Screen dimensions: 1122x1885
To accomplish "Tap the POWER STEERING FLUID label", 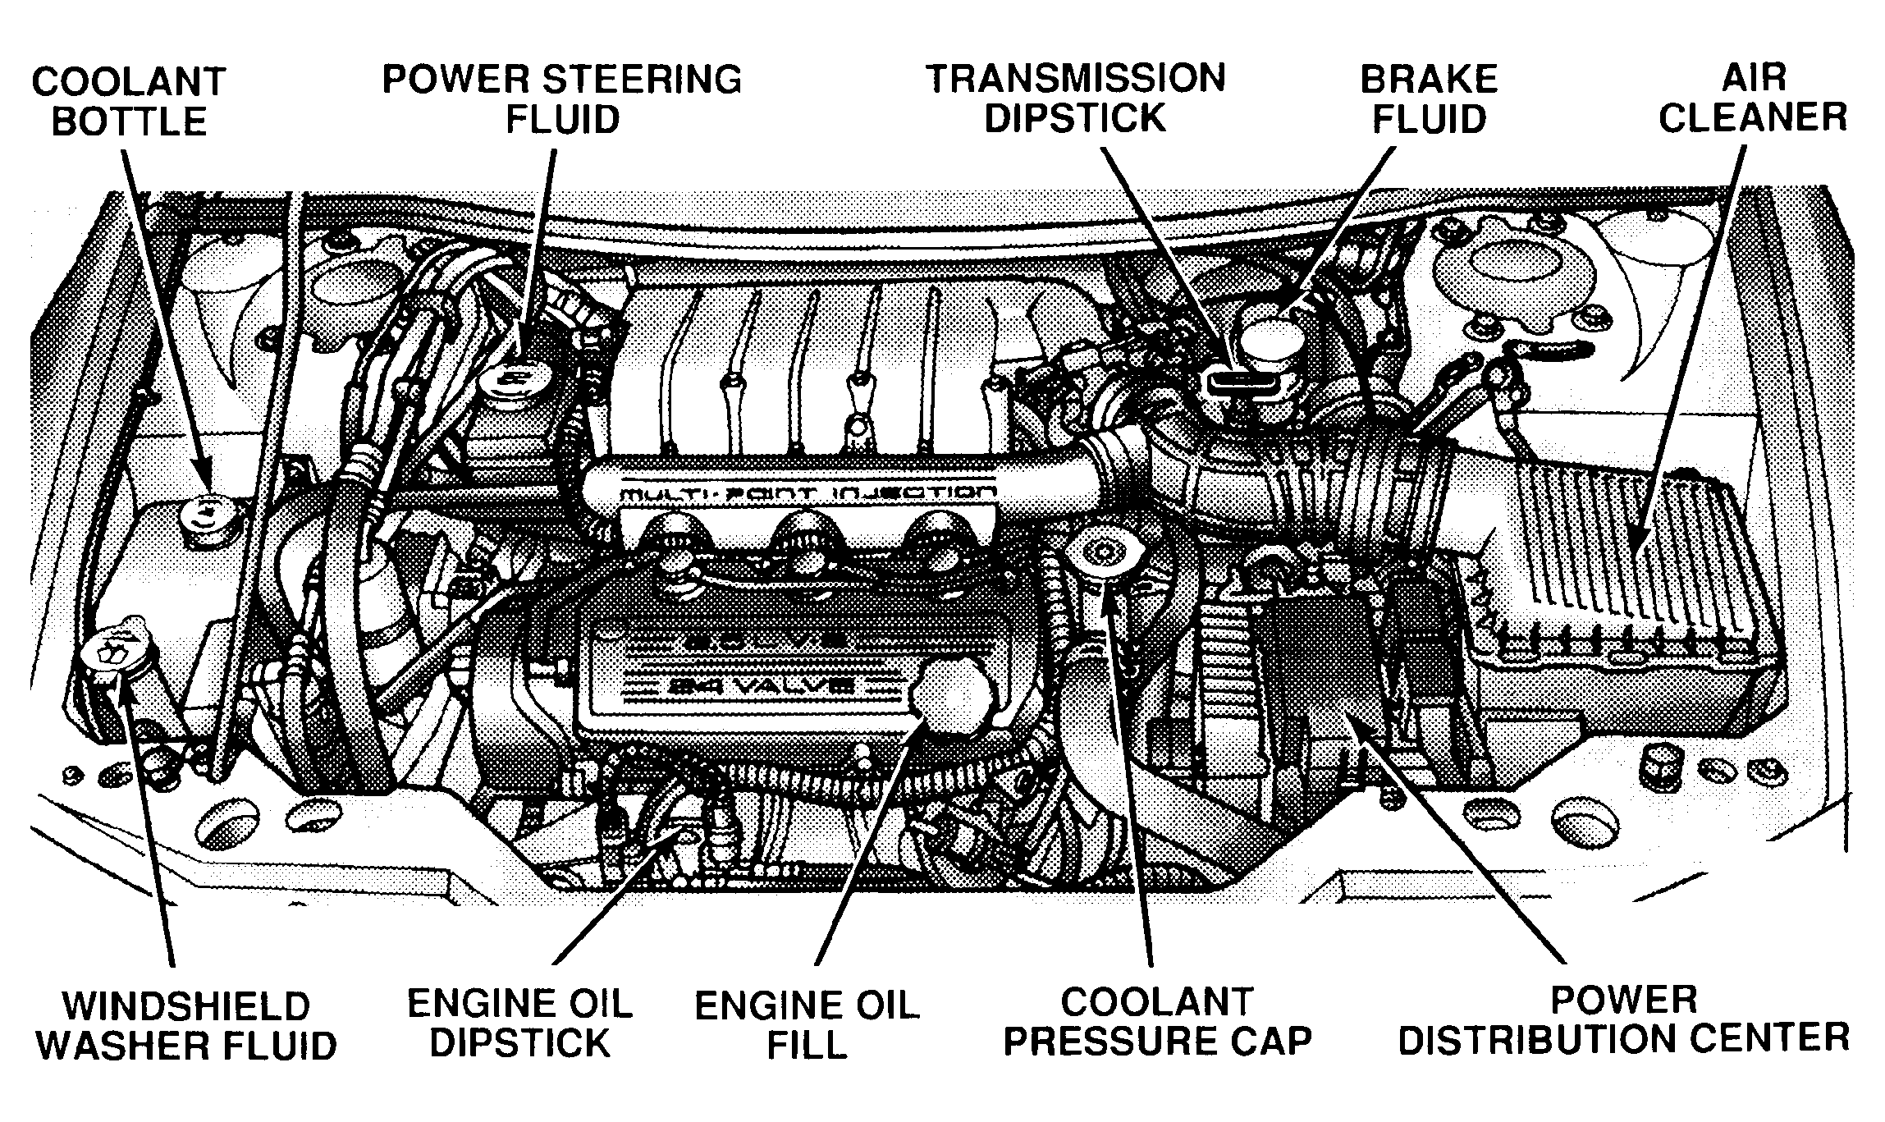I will (x=562, y=99).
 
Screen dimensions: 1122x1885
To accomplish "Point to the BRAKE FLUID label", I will (x=1429, y=99).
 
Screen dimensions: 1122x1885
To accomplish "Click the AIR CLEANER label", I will (x=1753, y=98).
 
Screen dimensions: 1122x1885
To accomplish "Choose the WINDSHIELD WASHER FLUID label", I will (x=187, y=1026).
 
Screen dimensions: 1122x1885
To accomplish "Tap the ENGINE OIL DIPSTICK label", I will (x=520, y=1024).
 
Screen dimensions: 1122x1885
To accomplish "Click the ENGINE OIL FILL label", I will (x=807, y=1025).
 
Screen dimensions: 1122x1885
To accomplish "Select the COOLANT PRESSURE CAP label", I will (x=1158, y=1022).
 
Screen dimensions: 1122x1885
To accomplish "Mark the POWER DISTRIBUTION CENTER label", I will (x=1623, y=1020).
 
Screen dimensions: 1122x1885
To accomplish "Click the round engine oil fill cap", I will (x=950, y=693).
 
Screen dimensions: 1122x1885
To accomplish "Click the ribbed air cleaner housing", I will (x=1608, y=566).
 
